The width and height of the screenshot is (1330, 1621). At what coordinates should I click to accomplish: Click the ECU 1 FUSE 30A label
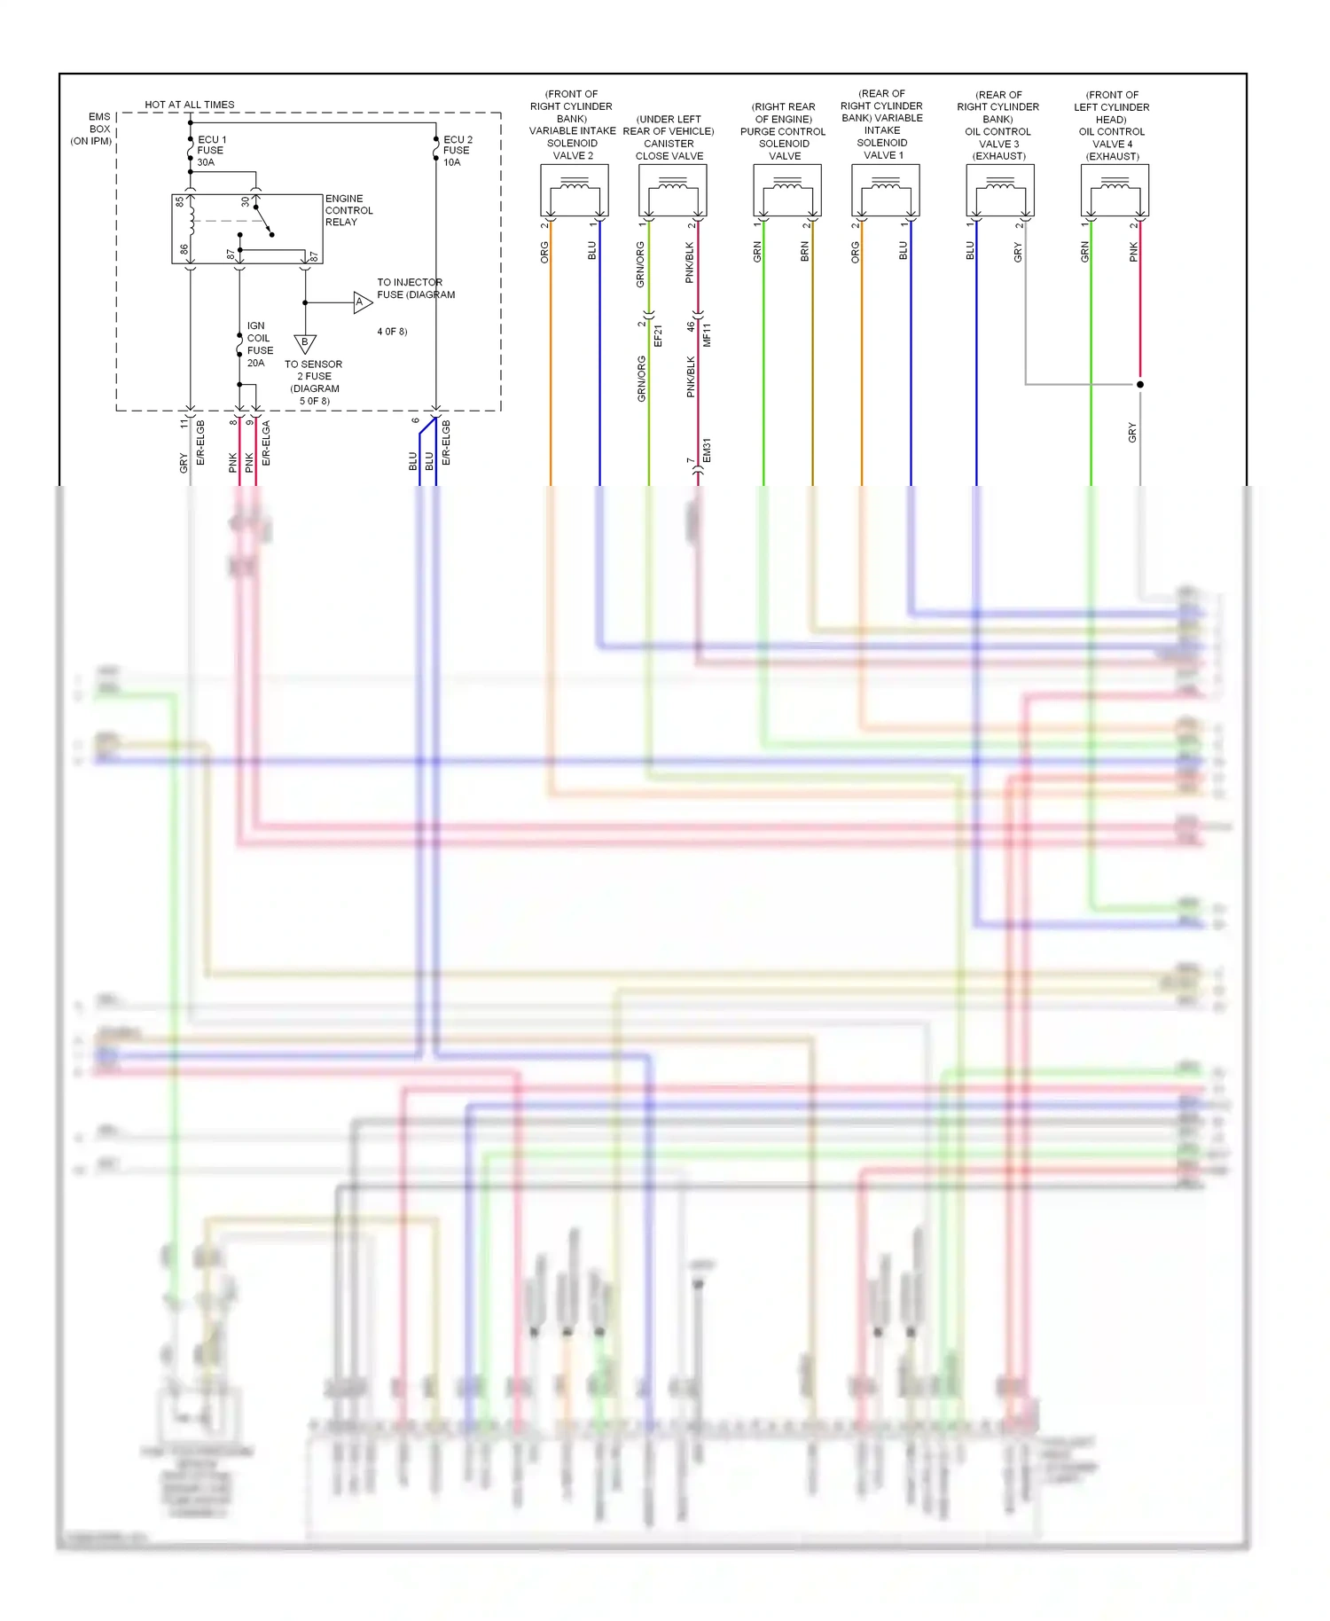coord(211,151)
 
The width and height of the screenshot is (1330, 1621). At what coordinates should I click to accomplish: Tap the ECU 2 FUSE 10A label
coord(458,151)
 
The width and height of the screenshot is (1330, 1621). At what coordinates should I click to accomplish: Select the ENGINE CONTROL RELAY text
coord(348,210)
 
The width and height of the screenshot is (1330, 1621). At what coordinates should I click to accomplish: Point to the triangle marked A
coord(362,302)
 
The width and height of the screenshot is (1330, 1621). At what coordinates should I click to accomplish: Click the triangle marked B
coord(305,343)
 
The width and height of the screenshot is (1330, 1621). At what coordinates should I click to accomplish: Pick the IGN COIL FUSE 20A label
coord(259,344)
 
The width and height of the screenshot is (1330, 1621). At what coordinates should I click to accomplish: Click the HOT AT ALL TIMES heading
coord(190,105)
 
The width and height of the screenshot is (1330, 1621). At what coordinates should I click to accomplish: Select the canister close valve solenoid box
coord(672,190)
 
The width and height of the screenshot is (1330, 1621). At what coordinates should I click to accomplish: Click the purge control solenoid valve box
coord(786,190)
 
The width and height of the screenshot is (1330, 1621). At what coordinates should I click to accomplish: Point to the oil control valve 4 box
coord(1115,190)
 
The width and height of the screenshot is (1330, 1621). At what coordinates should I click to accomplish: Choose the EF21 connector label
coord(658,335)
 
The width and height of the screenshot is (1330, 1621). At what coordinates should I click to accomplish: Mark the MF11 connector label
coord(707,334)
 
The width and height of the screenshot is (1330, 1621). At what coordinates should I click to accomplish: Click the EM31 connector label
coord(707,450)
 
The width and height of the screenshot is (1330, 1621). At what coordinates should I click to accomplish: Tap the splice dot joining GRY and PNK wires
coord(1139,384)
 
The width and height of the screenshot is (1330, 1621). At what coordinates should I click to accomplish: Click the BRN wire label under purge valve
coord(805,252)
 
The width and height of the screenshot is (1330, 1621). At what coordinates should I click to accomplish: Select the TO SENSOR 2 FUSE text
coord(314,370)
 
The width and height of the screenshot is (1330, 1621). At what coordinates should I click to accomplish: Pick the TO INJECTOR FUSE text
coord(415,288)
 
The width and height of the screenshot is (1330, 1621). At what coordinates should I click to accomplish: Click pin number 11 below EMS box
coord(184,424)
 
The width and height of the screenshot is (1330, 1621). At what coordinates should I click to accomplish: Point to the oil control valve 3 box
coord(999,190)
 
